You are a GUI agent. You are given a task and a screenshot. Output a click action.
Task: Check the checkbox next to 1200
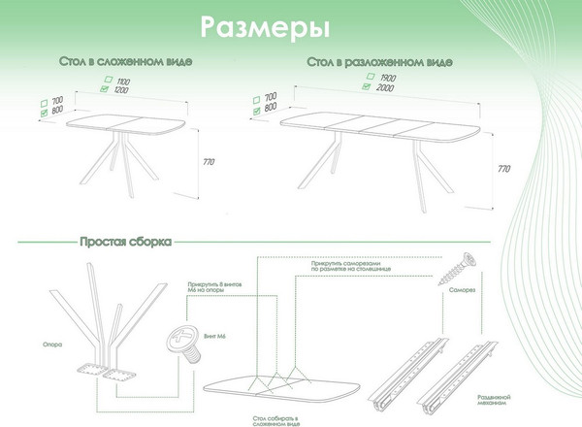(105, 89)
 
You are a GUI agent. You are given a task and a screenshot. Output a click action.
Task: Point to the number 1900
(387, 77)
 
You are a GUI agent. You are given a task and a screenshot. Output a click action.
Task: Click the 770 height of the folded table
(207, 160)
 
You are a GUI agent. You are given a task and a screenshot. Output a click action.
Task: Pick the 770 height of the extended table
(503, 169)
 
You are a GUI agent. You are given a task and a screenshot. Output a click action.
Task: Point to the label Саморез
(462, 290)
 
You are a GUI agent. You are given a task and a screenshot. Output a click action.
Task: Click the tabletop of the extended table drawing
(378, 124)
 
